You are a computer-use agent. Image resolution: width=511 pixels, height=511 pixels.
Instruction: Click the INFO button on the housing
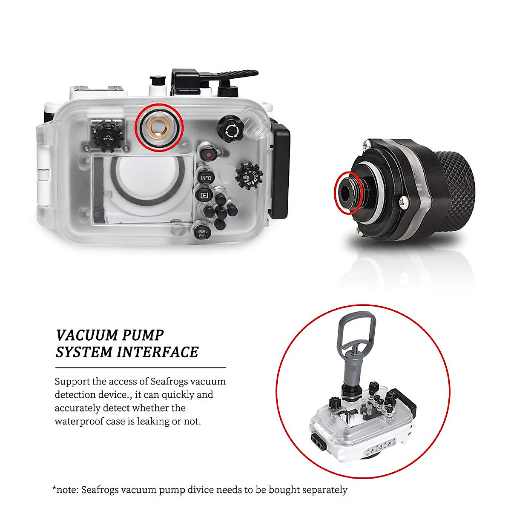(206, 178)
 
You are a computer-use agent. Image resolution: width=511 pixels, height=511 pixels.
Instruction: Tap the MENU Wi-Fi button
(203, 233)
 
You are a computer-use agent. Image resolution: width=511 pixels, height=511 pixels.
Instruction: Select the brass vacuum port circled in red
(159, 127)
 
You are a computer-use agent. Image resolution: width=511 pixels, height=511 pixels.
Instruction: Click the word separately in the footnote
(324, 490)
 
